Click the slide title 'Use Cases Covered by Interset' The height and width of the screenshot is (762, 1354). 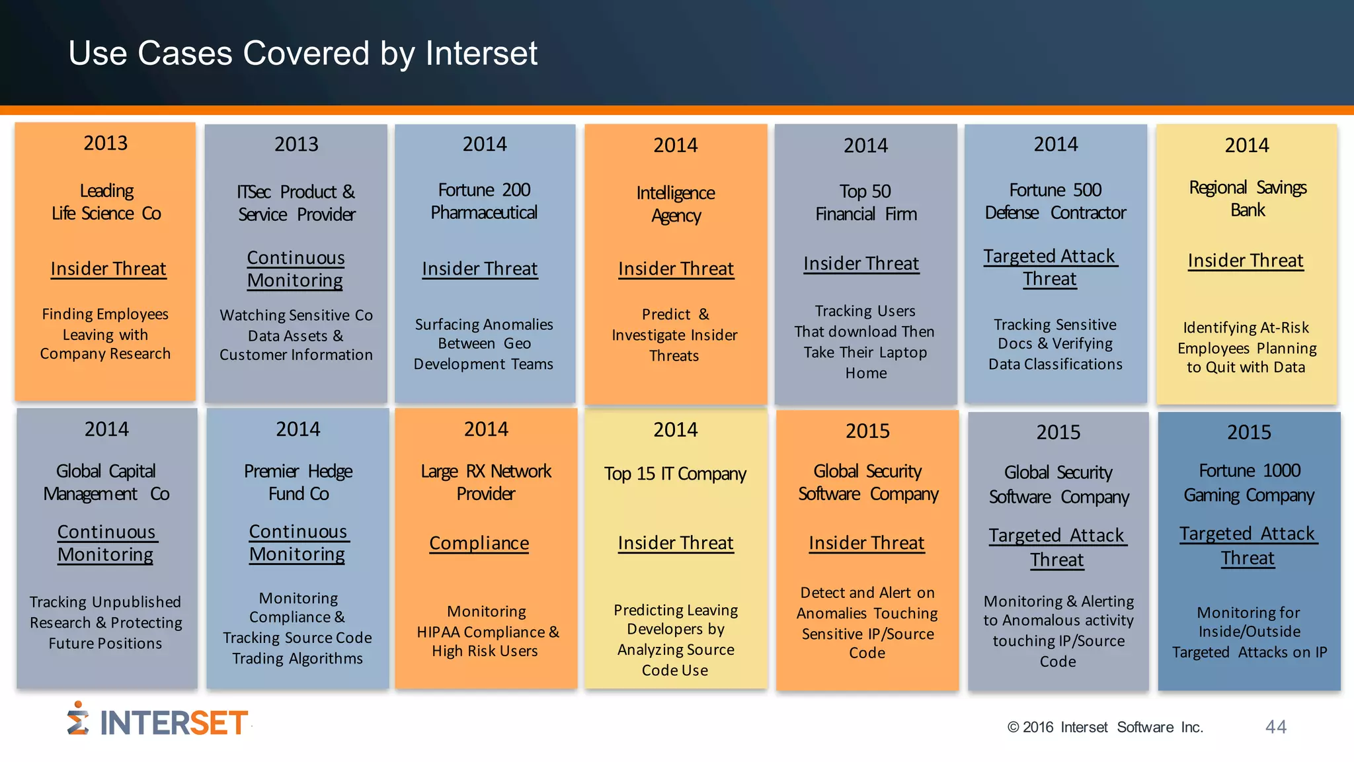pos(303,53)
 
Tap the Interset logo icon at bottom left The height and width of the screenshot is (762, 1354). pos(78,719)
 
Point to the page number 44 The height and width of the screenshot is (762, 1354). pos(1275,727)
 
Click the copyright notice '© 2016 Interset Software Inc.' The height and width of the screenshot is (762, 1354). pos(1105,728)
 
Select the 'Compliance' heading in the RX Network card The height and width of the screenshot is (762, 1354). pos(479,543)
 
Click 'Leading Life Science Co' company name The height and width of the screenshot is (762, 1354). pos(106,202)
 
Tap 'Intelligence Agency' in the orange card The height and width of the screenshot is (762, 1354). pos(676,204)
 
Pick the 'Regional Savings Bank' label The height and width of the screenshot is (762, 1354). pos(1248,198)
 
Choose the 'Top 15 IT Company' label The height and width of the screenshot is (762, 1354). pos(675,474)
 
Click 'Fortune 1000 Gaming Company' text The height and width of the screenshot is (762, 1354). pos(1249,483)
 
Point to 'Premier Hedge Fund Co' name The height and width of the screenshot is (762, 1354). pos(298,482)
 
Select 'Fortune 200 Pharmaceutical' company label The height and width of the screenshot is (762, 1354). pos(484,201)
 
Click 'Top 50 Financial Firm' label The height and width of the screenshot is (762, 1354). pos(865,202)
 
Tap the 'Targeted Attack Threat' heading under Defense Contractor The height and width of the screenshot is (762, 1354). pos(1050,267)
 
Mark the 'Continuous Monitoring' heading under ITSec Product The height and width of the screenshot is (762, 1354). pos(296,269)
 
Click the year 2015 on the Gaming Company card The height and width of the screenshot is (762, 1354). pos(1249,432)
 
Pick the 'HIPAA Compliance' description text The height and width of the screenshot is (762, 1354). pos(487,632)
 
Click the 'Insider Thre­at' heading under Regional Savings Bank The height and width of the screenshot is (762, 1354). pos(1246,261)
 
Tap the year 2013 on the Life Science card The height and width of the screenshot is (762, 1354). pos(106,143)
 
